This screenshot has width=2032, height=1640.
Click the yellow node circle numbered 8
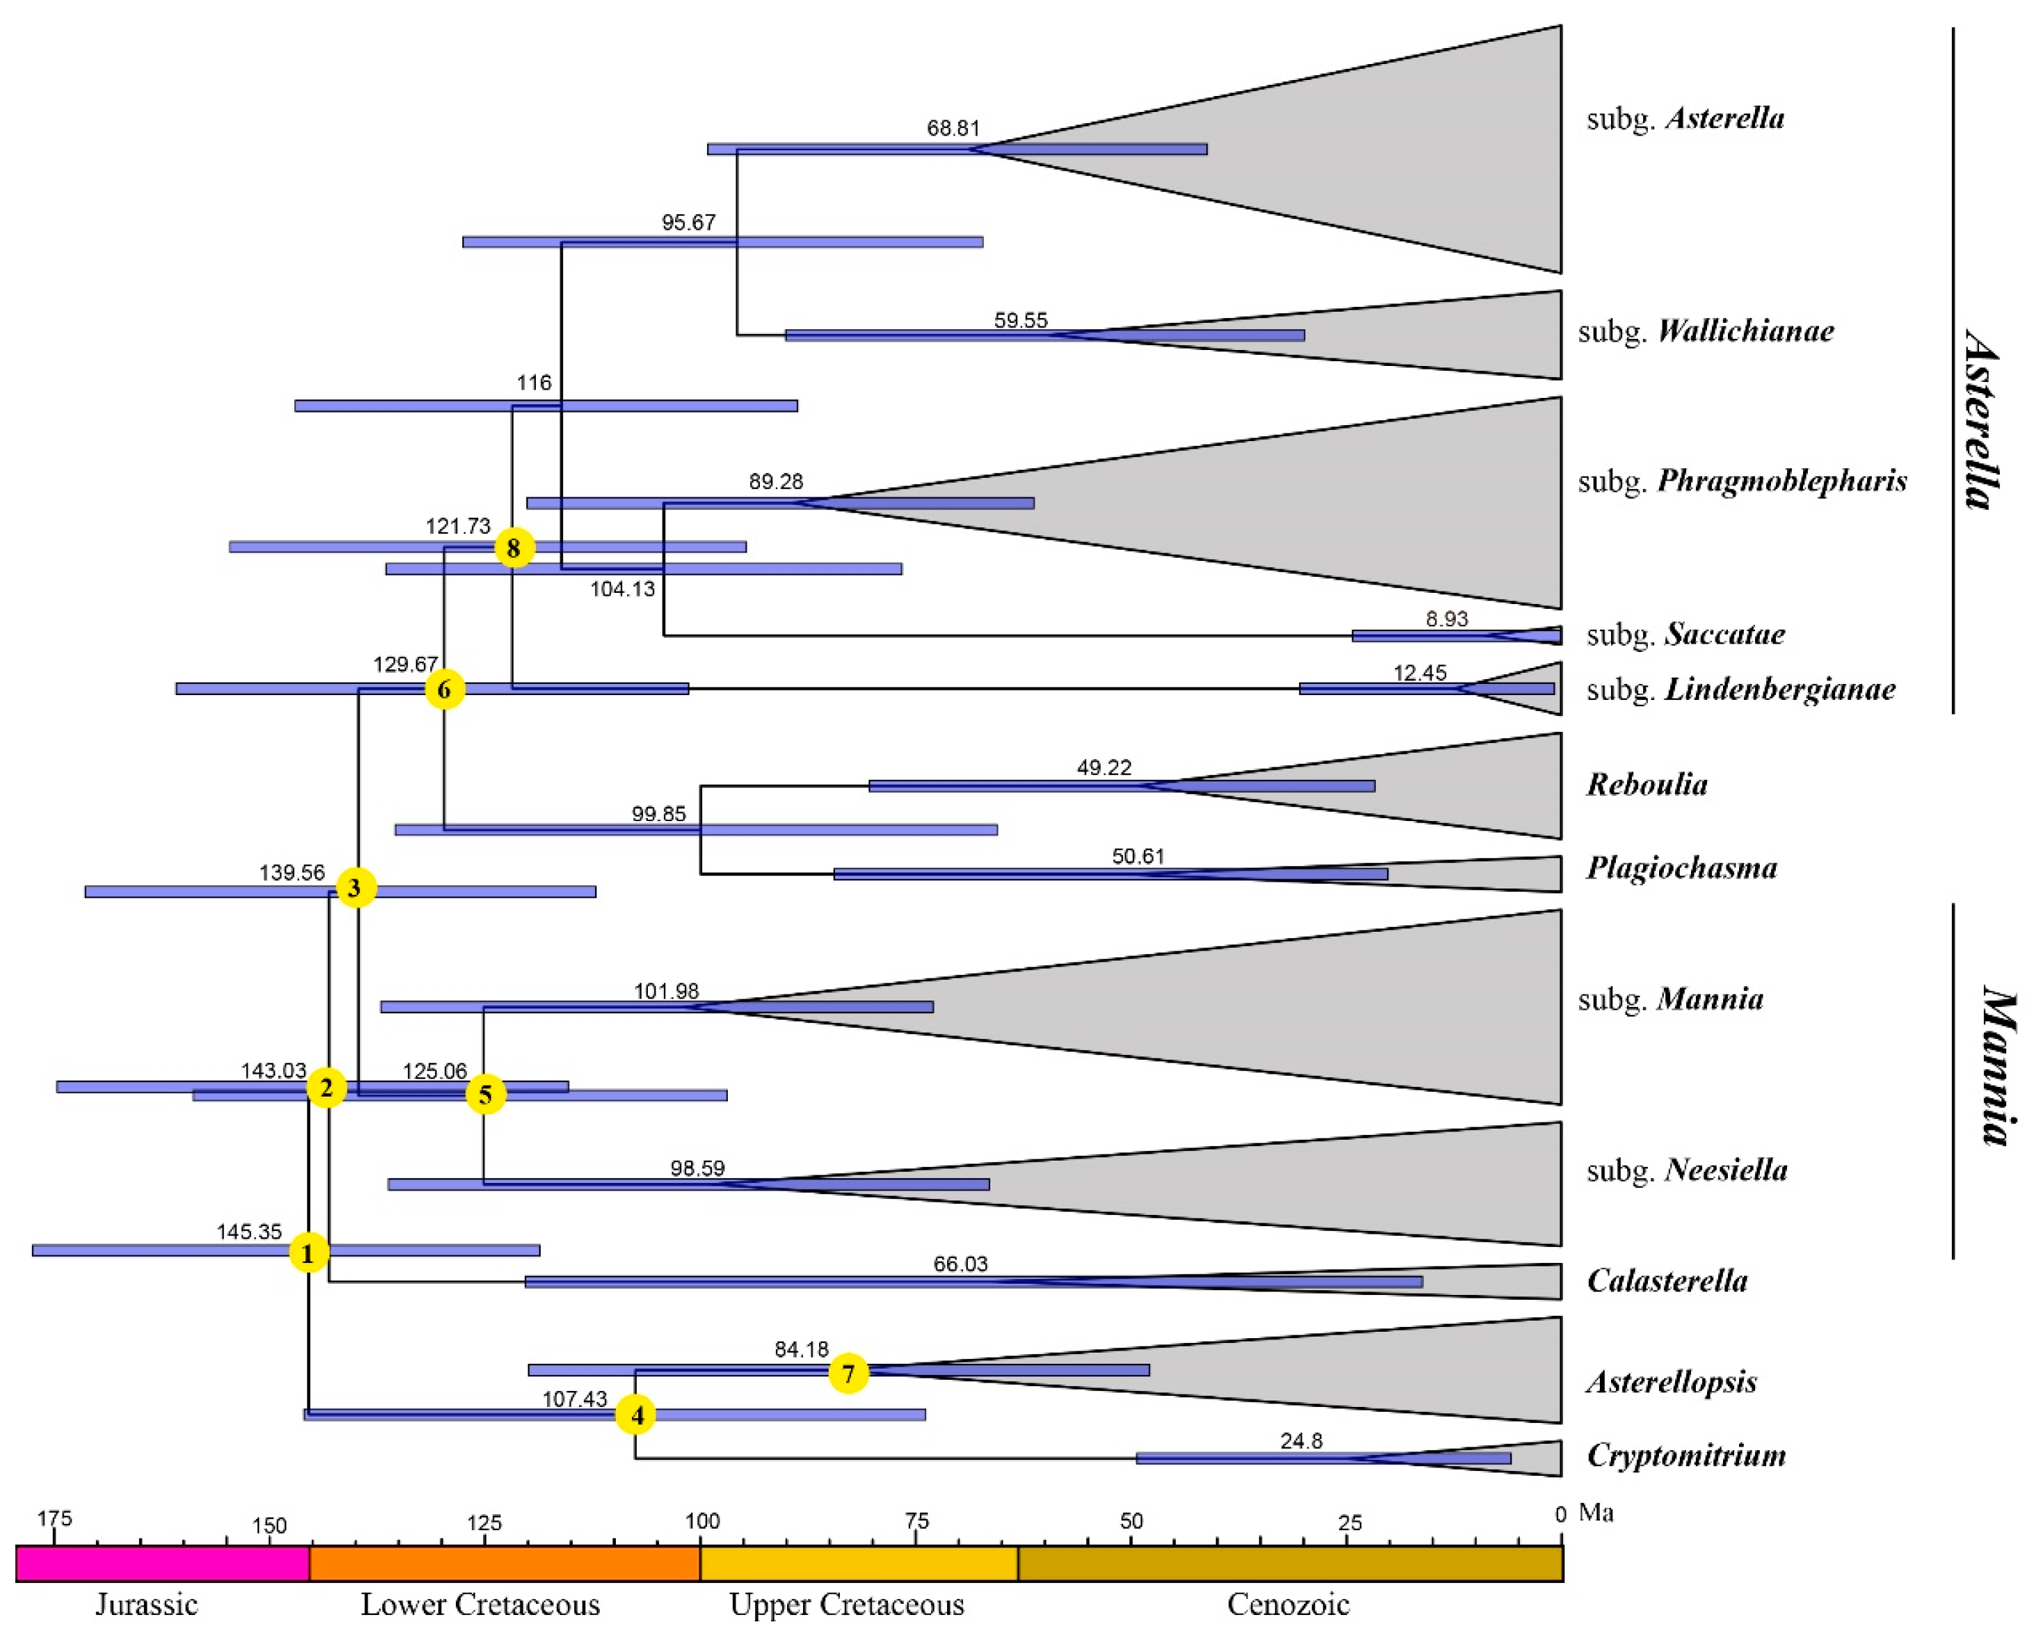pos(514,547)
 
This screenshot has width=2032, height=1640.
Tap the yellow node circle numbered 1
pos(308,1252)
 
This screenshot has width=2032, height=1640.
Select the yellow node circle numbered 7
pos(848,1373)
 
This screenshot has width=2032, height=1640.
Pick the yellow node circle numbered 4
pos(637,1415)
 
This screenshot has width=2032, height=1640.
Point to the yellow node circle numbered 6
pos(444,690)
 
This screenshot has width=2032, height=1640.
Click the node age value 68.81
pos(953,127)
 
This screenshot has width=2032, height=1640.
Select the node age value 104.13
pos(623,589)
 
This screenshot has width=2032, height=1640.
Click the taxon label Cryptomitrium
pos(1686,1455)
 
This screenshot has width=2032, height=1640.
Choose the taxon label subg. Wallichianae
pos(1706,331)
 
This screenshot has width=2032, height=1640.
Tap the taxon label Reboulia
pos(1646,784)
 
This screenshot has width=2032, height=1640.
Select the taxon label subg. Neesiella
pos(1688,1170)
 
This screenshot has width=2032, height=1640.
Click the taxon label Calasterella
pos(1667,1281)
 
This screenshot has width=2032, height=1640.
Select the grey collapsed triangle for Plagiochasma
pos(1511,873)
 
